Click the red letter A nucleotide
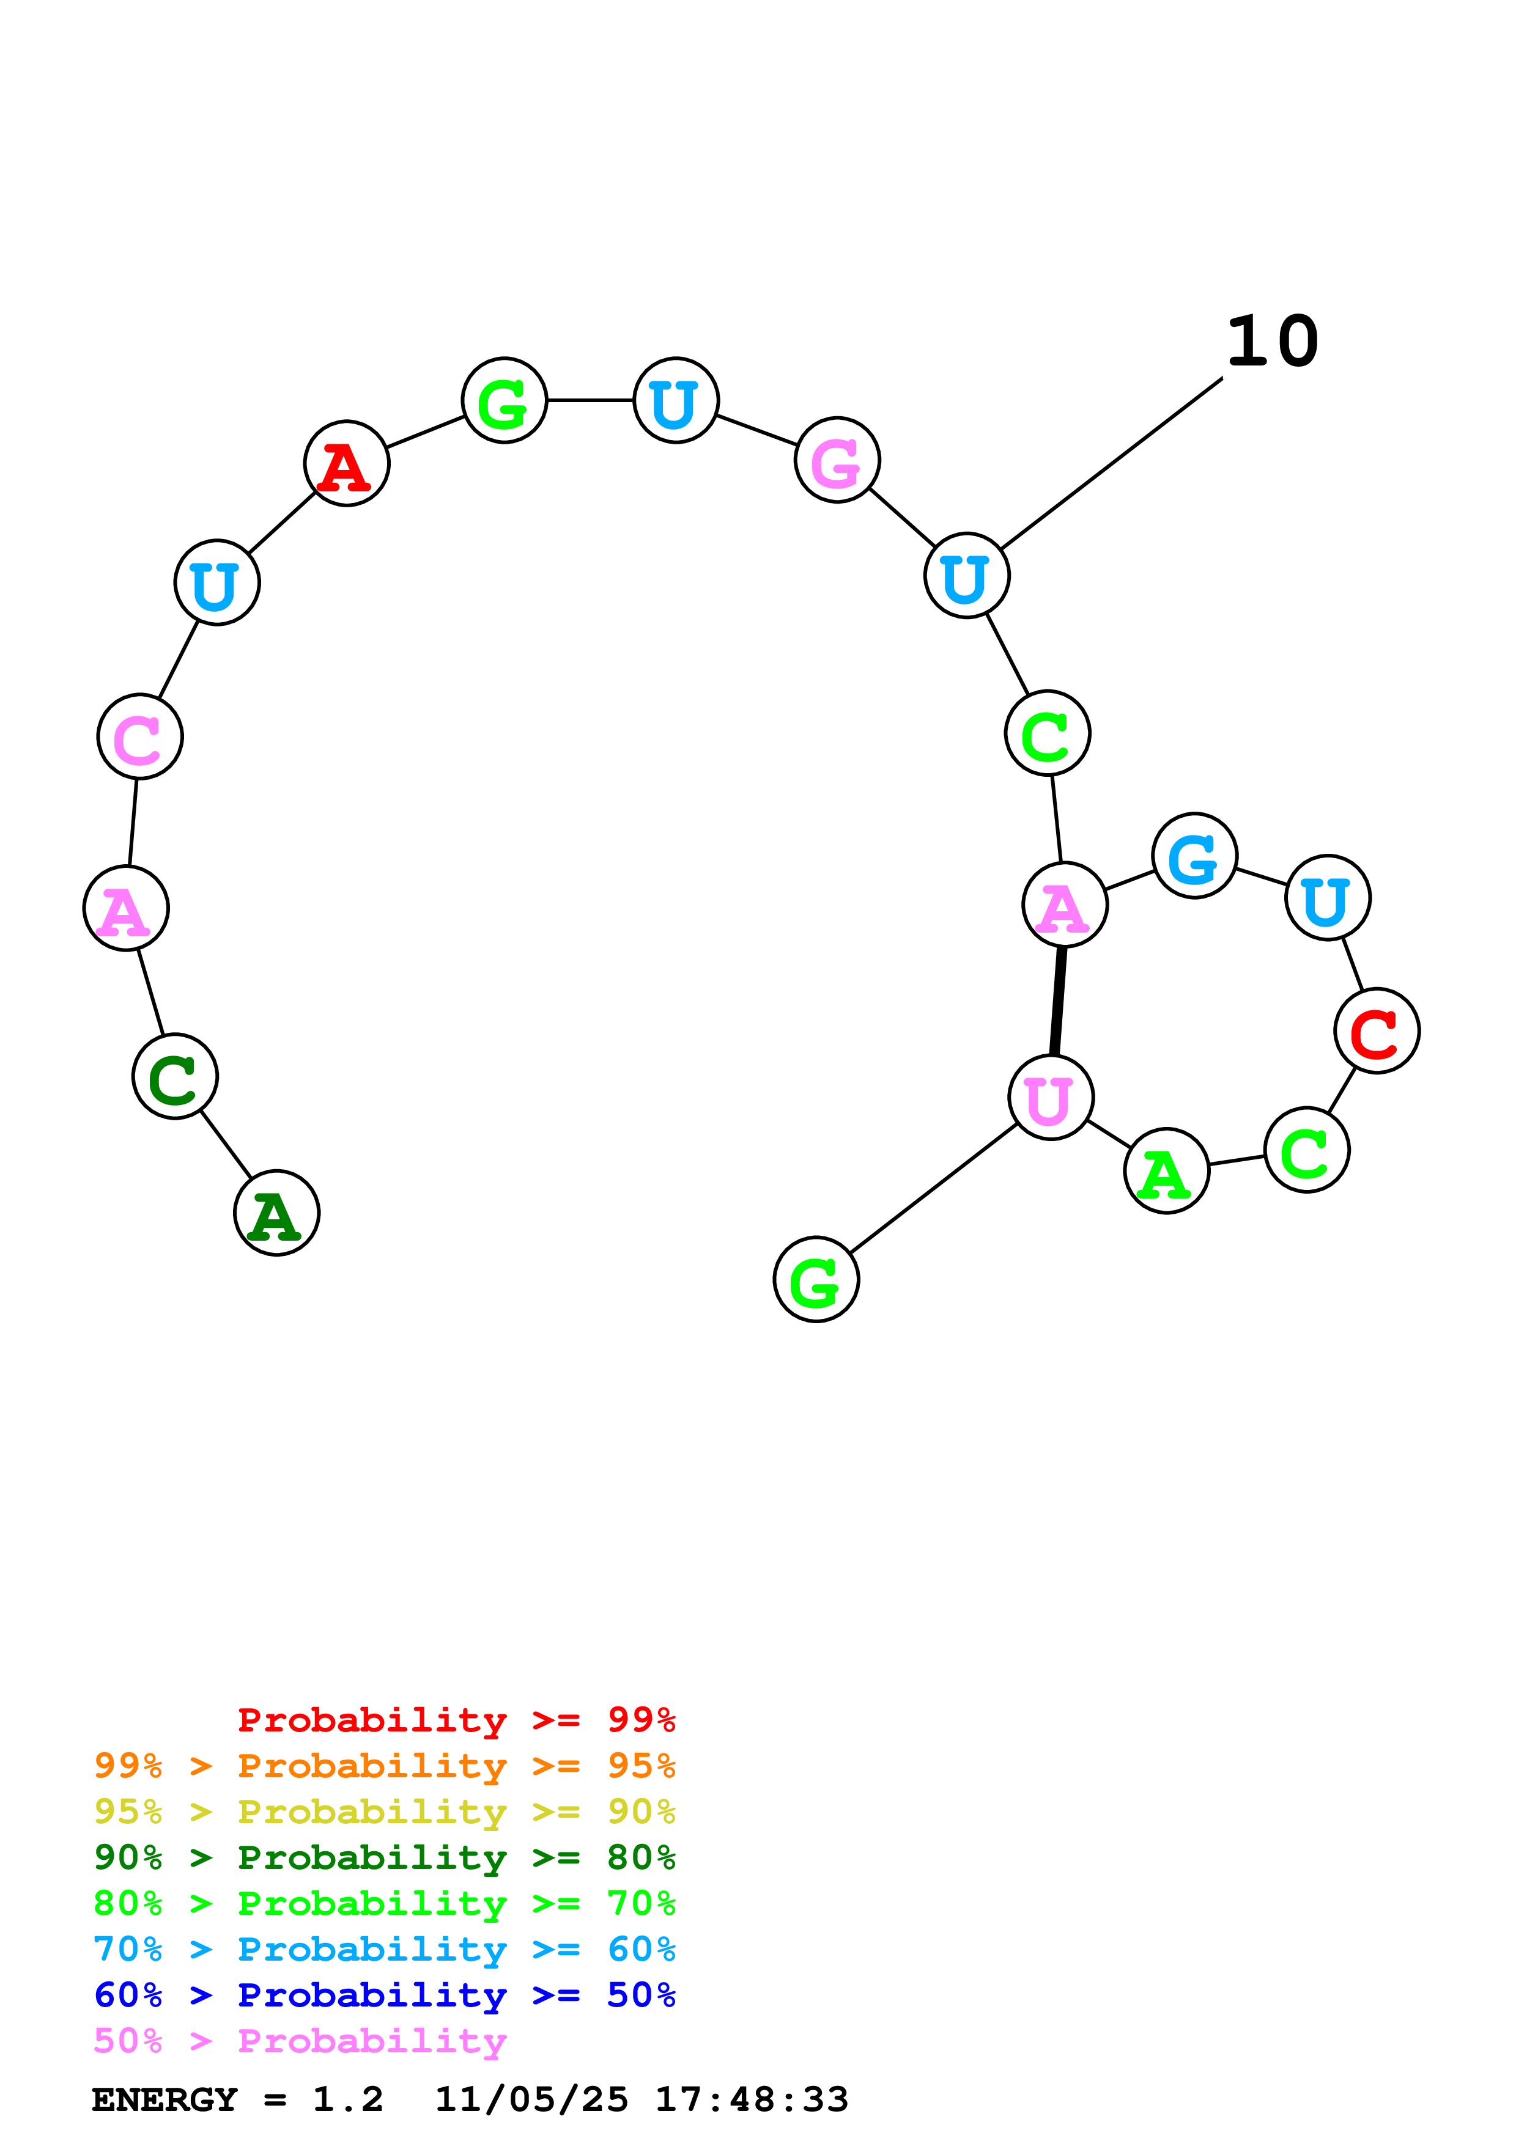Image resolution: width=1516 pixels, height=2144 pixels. pyautogui.click(x=347, y=463)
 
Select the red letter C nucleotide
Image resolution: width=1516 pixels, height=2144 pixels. pyautogui.click(x=1376, y=1031)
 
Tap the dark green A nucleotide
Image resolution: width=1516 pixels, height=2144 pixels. pyautogui.click(x=276, y=1213)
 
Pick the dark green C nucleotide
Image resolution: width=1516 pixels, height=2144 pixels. pyautogui.click(x=175, y=1077)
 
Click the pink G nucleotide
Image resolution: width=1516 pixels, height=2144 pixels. pyautogui.click(x=837, y=460)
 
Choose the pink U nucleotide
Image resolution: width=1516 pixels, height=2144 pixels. pyautogui.click(x=1051, y=1098)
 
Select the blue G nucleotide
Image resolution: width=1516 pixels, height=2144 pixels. pyautogui.click(x=1195, y=856)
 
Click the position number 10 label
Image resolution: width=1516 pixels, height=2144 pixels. pyautogui.click(x=1272, y=342)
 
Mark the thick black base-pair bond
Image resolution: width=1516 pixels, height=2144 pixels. pyautogui.click(x=1057, y=1001)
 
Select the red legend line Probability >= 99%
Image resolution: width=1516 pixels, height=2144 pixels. pyautogui.click(x=456, y=1719)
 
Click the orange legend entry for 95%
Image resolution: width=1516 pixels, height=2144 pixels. pyautogui.click(x=384, y=1766)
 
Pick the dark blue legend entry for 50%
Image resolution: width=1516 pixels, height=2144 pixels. pyautogui.click(x=384, y=1995)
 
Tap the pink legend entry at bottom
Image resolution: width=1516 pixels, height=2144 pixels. pyautogui.click(x=300, y=2041)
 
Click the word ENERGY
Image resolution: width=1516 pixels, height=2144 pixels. pyautogui.click(x=165, y=2099)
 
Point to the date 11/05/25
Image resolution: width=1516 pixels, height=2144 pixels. pyautogui.click(x=531, y=2099)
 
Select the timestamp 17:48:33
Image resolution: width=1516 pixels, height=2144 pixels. pyautogui.click(x=751, y=2099)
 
